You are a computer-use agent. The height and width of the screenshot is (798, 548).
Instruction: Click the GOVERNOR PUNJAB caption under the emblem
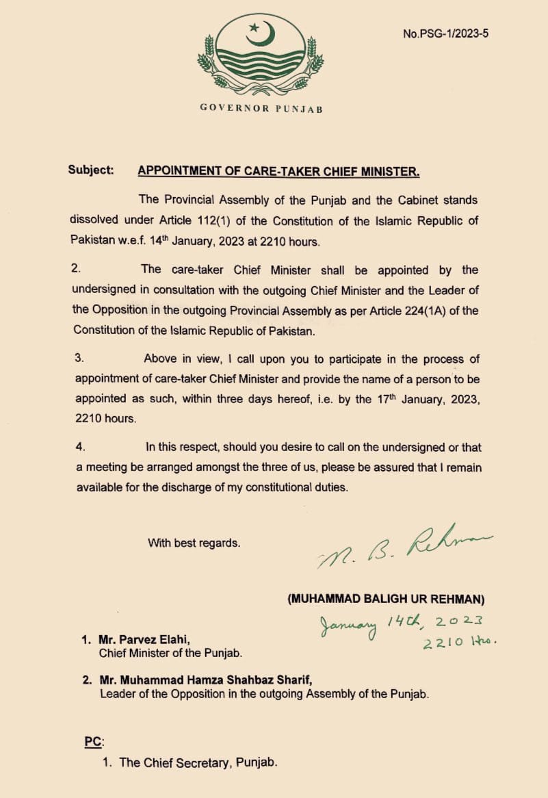tap(261, 108)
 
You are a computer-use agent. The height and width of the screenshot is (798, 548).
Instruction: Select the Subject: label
tap(91, 170)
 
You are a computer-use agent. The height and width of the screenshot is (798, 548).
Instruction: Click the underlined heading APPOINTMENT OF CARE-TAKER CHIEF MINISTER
tap(278, 171)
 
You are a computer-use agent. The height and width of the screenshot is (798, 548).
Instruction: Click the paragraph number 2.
tap(75, 270)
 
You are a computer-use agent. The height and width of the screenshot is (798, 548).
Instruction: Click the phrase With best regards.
tap(194, 543)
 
